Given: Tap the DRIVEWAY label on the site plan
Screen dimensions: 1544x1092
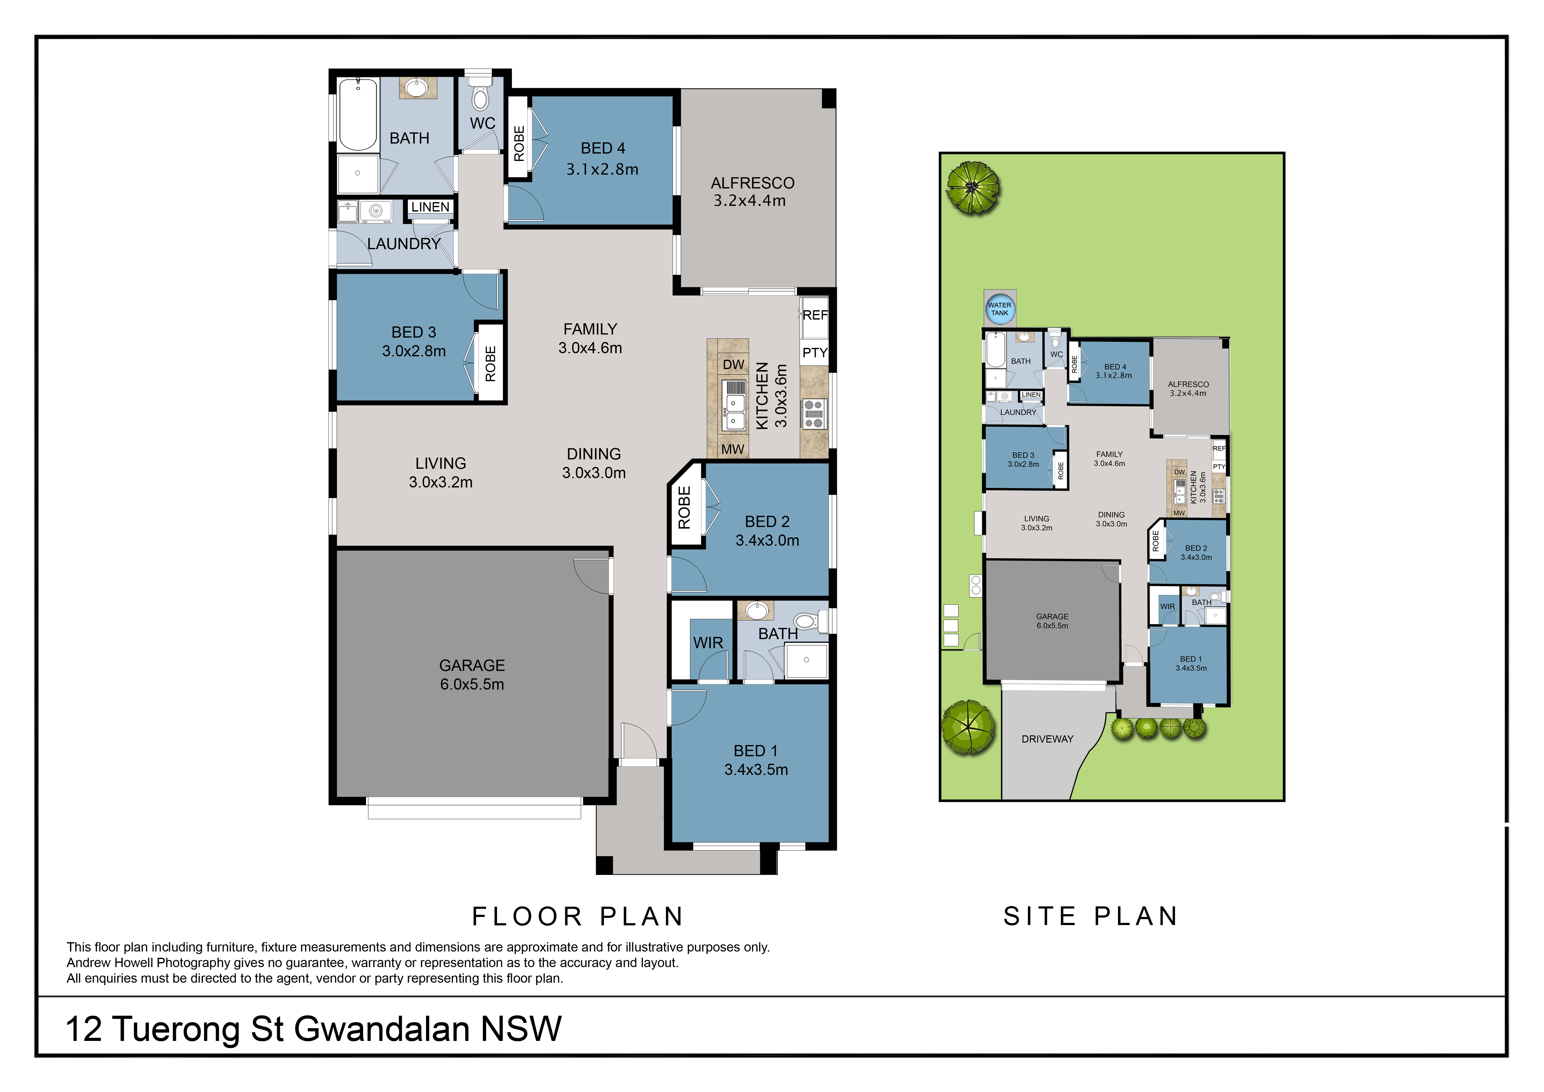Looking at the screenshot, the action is click(1047, 739).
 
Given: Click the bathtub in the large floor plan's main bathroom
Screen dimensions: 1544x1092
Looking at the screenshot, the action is click(358, 114).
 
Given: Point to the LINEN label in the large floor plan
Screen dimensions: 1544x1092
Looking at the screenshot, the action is click(430, 207).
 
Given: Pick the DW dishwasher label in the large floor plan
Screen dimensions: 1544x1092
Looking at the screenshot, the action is click(734, 364).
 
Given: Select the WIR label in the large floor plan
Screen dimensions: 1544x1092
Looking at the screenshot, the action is click(708, 643).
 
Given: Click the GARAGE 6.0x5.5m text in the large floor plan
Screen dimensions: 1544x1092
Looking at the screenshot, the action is click(472, 674).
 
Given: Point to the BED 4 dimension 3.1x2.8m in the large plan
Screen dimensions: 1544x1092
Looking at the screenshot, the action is click(603, 169).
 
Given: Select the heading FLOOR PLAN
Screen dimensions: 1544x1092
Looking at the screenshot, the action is click(578, 917).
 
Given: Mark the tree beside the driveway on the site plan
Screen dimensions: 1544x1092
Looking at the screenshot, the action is click(969, 728).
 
